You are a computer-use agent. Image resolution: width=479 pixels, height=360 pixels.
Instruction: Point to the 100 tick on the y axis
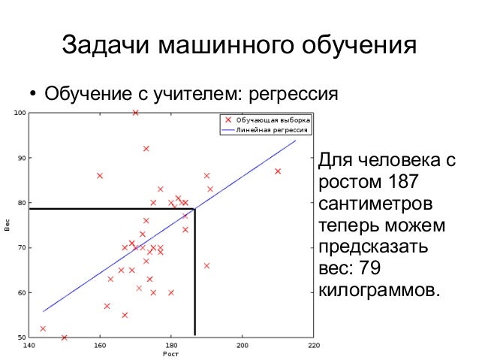click(20, 113)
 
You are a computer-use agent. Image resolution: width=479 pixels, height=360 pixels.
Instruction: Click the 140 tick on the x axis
click(29, 346)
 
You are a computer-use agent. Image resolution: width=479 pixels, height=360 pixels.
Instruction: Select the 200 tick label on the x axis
click(242, 346)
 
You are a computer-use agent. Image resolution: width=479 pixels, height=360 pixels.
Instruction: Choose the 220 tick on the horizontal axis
click(313, 346)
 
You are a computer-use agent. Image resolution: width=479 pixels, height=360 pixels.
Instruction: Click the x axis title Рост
click(170, 354)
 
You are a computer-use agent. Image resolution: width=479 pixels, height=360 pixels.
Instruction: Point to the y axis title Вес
click(8, 225)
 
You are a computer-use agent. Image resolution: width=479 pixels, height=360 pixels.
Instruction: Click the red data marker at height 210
click(278, 171)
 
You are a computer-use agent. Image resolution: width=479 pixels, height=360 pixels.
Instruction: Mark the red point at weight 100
click(135, 113)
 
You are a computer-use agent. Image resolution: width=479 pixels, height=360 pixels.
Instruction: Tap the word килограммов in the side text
click(376, 290)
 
